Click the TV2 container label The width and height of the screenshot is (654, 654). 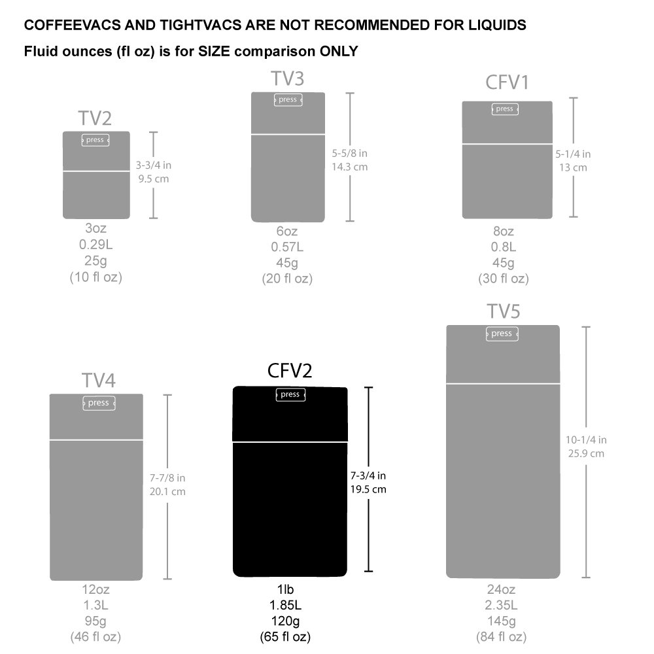point(95,118)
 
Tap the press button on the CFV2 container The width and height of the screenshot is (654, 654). point(290,394)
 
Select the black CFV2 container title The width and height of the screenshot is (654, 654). point(290,371)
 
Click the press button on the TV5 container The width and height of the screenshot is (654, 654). point(502,334)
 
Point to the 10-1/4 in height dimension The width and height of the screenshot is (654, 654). point(586,439)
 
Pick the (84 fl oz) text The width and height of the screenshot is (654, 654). point(502,636)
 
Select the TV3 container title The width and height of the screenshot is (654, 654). point(288,79)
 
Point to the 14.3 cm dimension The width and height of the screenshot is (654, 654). point(350,167)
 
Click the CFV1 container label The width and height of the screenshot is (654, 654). point(507,83)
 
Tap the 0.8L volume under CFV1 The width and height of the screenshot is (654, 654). point(503,247)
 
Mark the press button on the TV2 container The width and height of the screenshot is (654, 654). point(95,140)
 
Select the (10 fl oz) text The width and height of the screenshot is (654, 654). point(96,277)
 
